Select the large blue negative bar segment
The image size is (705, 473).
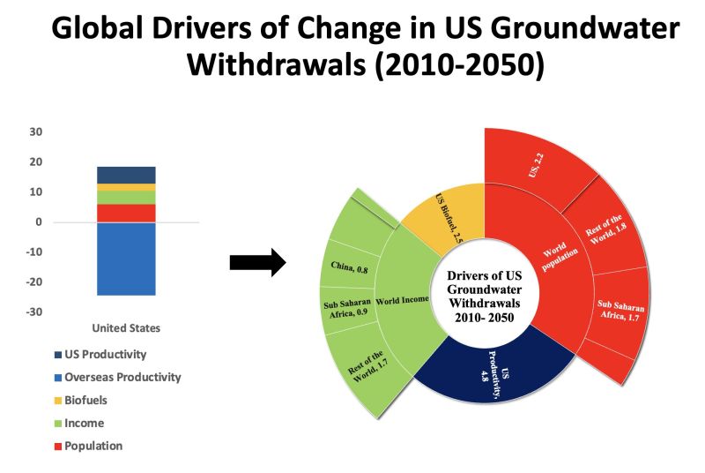tap(126, 259)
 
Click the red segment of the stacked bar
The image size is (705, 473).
tap(126, 213)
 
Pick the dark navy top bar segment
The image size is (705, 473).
tap(126, 175)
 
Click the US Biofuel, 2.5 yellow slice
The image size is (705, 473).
tap(449, 214)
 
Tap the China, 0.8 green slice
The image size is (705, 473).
tap(345, 268)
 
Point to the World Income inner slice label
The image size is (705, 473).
tap(401, 301)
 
